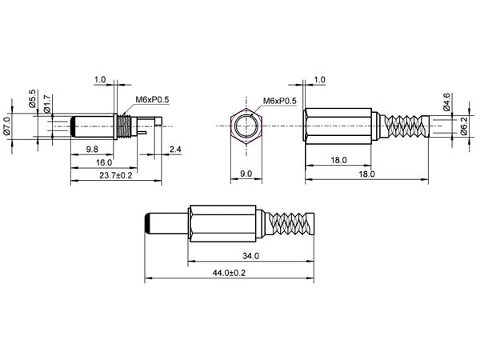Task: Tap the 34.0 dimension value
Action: (250, 256)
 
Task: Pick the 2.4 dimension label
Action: (176, 150)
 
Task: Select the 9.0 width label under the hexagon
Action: (246, 173)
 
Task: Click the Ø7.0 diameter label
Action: (7, 126)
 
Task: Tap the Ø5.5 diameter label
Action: (33, 98)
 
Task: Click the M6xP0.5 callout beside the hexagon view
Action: (280, 101)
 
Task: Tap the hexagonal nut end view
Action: (246, 126)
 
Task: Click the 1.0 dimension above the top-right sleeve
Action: (319, 79)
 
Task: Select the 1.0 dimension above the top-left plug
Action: (100, 79)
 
